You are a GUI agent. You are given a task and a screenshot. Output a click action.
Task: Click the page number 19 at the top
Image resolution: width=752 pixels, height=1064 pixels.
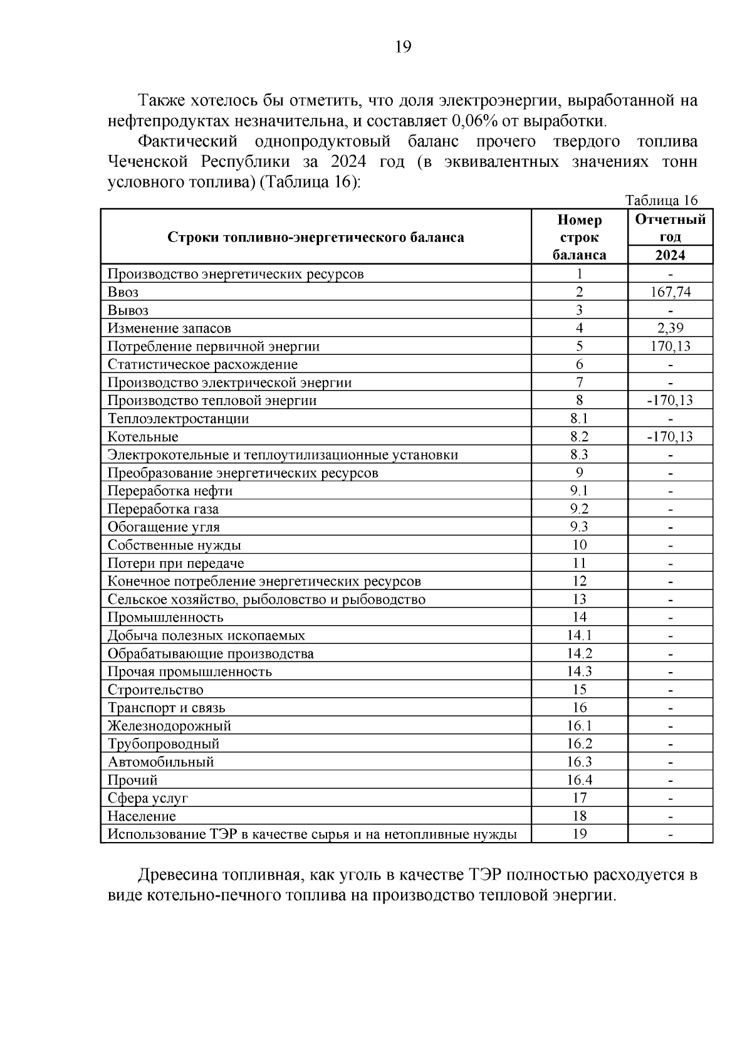click(403, 47)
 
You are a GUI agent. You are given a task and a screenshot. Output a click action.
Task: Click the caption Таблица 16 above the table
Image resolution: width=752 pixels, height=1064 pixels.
click(661, 201)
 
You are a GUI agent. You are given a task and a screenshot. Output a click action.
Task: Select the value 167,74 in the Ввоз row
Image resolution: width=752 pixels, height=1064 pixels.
click(670, 292)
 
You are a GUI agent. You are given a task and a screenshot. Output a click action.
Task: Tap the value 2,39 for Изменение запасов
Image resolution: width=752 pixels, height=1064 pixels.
click(670, 328)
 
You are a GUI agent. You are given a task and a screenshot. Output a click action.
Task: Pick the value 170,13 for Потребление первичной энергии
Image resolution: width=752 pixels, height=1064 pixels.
click(670, 346)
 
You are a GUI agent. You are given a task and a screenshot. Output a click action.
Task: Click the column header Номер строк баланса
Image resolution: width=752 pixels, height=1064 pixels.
click(579, 238)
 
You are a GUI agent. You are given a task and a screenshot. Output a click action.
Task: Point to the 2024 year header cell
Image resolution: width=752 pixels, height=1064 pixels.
click(670, 255)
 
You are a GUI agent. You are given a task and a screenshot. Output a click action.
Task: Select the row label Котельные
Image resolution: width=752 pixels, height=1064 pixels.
click(143, 437)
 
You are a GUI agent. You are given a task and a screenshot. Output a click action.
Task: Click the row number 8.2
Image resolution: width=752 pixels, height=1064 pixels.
click(579, 437)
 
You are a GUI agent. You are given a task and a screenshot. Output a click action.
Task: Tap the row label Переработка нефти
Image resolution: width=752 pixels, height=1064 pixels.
click(170, 491)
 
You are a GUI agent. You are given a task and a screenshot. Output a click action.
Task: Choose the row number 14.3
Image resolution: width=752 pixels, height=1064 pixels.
click(579, 672)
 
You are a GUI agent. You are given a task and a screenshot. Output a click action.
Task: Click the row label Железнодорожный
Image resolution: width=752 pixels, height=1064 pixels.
click(169, 726)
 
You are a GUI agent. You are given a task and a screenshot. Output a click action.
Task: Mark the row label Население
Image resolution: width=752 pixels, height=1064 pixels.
click(142, 816)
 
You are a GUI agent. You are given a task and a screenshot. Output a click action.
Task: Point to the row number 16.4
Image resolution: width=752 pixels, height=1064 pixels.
click(579, 780)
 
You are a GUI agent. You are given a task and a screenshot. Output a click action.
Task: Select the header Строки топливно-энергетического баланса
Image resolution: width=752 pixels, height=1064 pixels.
click(316, 238)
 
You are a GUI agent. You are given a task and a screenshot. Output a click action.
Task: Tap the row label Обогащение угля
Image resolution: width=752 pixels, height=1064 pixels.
click(164, 527)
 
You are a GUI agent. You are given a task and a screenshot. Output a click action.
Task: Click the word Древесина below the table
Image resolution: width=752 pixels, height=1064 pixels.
click(175, 875)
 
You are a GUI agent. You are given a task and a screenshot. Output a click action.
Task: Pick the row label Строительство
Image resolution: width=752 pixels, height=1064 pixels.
click(155, 690)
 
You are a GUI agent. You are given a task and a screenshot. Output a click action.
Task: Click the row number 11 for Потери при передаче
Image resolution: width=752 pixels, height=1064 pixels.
click(579, 563)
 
